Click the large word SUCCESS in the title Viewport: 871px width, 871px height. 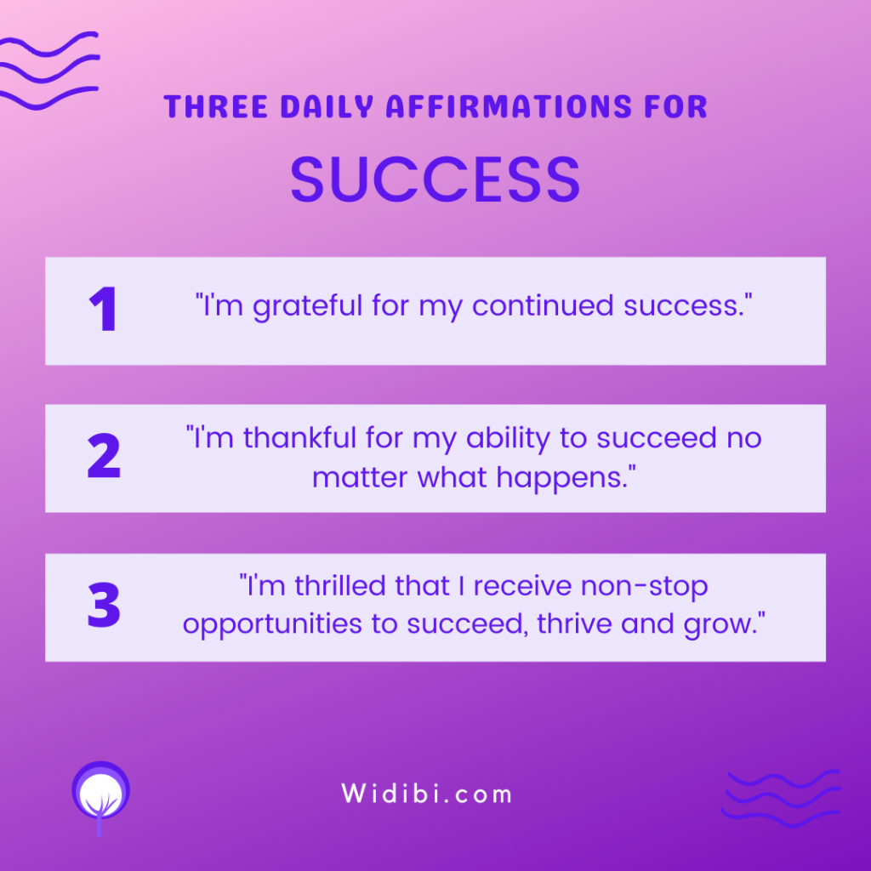point(435,179)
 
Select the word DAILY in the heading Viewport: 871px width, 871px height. point(327,106)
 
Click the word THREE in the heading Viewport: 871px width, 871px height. point(216,106)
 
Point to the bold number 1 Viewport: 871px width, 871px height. point(103,309)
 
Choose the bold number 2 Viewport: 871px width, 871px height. point(104,456)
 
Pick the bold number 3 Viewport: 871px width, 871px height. point(104,605)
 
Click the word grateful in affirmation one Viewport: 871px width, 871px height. point(308,306)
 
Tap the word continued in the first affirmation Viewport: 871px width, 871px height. point(543,305)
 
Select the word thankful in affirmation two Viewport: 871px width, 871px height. point(299,438)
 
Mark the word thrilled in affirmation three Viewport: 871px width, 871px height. point(340,586)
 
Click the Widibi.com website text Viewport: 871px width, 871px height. point(427,794)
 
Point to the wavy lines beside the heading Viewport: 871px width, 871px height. point(48,70)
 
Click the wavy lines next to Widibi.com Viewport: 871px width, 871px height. point(781,798)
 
